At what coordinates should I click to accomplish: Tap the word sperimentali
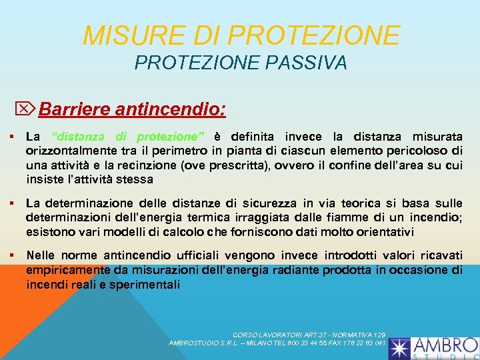(146, 285)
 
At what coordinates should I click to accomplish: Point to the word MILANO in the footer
(249, 343)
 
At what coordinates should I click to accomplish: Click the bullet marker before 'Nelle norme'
(13, 256)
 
